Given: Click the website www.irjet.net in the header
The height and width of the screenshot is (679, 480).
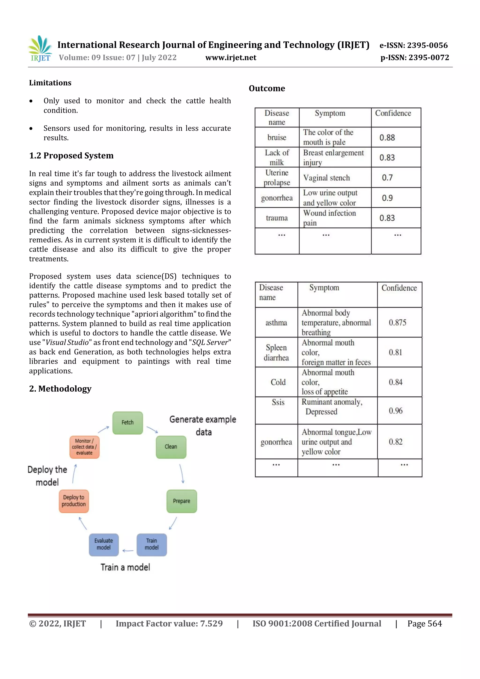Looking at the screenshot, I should point(231,57).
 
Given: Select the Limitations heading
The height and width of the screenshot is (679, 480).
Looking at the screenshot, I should point(50,83).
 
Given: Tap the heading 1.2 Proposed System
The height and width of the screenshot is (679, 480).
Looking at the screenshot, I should point(71,156).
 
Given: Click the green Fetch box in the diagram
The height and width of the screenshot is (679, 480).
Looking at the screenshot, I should point(127,423).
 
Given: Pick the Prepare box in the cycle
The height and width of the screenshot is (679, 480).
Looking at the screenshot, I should point(182,501).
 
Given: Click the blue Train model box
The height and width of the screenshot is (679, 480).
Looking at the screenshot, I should point(151,544).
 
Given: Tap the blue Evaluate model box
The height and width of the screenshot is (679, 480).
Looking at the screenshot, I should point(104,544).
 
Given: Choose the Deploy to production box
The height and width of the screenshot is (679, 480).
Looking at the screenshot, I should point(74,501).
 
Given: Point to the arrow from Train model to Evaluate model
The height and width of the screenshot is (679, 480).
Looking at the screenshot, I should point(128,551).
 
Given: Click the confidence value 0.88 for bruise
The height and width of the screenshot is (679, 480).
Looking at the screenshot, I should point(387,138).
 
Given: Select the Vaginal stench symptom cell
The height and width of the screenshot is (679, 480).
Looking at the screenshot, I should point(326,178).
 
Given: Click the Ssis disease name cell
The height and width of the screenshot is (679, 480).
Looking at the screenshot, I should point(278,402).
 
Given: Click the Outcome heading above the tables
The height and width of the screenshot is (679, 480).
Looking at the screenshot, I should point(267,88).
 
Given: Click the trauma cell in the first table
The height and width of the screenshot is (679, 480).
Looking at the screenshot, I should point(277,218).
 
